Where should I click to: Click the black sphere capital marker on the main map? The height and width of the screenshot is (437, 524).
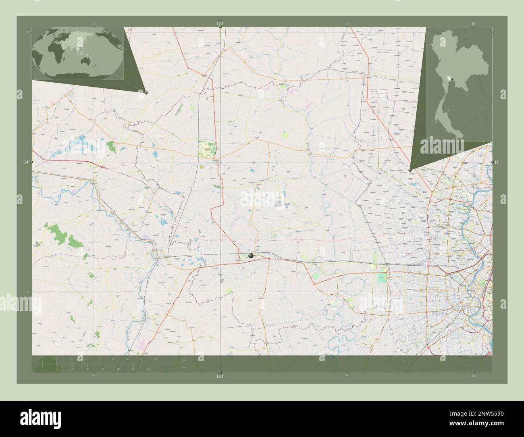point(251,255)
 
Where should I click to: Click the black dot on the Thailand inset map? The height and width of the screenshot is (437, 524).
point(452,79)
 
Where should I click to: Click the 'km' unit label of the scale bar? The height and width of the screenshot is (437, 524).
point(184,360)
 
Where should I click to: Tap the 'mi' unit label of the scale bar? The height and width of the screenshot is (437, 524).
point(184,367)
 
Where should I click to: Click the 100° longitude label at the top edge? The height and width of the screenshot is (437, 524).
point(220,24)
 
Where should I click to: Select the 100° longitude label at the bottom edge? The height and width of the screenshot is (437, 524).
point(220,376)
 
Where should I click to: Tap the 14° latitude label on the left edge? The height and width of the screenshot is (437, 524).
point(26,162)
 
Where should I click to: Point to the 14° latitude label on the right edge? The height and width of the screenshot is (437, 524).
point(497,162)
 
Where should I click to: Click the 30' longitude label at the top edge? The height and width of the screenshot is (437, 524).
point(473,24)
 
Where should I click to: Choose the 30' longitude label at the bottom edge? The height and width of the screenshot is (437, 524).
point(473,376)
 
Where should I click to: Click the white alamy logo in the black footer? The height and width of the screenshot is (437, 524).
point(33,419)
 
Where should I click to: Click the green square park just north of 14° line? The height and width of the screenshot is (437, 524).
point(206,149)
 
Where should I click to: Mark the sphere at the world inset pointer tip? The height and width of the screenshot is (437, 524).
point(146,93)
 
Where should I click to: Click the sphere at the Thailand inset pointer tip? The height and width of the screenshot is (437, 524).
point(410,171)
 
